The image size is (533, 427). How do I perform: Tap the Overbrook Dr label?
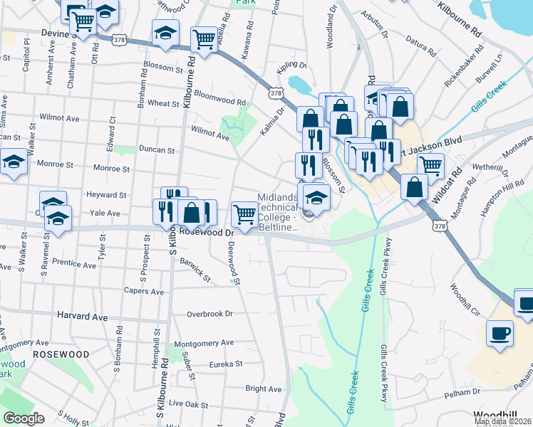pyautogui.click(x=209, y=314)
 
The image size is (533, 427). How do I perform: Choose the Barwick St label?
pyautogui.click(x=195, y=273)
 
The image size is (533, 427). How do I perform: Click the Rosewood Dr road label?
pyautogui.click(x=207, y=232)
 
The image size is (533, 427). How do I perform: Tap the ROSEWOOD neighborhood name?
pyautogui.click(x=60, y=354)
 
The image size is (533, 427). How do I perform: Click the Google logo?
pyautogui.click(x=24, y=418)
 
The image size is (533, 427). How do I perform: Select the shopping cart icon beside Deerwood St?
pyautogui.click(x=244, y=213)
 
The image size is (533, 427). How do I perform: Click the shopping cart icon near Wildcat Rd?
pyautogui.click(x=430, y=165)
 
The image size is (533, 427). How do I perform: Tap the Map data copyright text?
pyautogui.click(x=502, y=421)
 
